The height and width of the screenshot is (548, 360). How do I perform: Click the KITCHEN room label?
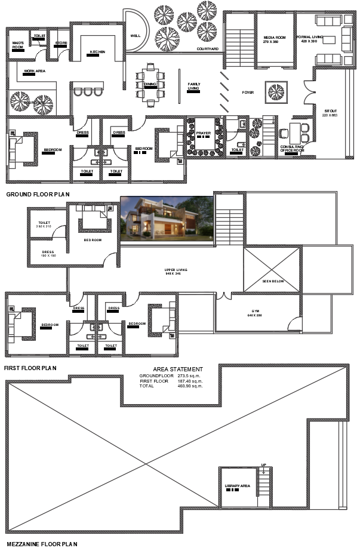[97, 53]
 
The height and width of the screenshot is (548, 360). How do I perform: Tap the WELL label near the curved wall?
[136, 36]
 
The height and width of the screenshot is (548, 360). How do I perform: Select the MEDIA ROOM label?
[275, 38]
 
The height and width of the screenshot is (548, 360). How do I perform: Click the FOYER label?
[248, 93]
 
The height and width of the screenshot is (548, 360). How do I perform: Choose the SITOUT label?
[330, 111]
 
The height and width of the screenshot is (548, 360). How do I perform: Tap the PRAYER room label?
[204, 133]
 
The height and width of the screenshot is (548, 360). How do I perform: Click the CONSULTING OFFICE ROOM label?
[292, 148]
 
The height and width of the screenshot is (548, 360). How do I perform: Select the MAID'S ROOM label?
[18, 45]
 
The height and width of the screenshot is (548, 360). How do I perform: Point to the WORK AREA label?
[35, 71]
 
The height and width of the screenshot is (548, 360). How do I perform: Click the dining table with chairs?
[150, 85]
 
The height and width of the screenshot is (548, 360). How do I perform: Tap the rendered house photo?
[167, 219]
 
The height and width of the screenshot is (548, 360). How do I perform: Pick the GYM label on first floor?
[255, 313]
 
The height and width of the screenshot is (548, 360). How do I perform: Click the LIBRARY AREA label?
[237, 487]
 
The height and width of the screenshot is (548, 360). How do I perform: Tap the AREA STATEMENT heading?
[177, 370]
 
